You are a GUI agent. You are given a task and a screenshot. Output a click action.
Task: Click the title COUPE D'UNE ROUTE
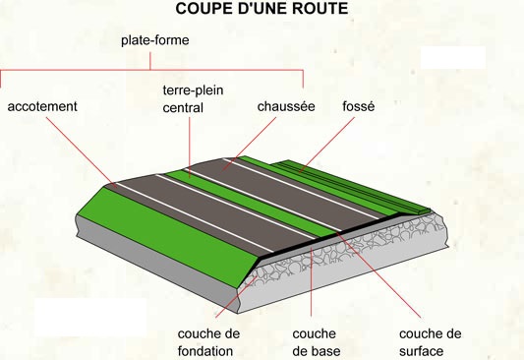click(x=262, y=10)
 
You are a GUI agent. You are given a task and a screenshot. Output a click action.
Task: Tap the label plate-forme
click(x=154, y=41)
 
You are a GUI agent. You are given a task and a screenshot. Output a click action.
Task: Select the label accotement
click(x=42, y=106)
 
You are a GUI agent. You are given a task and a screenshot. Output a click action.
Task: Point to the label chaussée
click(x=286, y=106)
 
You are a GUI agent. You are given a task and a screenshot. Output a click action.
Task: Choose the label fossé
click(x=358, y=106)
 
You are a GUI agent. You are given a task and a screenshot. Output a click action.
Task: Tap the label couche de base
click(x=315, y=341)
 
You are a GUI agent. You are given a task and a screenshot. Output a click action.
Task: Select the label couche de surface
click(x=430, y=341)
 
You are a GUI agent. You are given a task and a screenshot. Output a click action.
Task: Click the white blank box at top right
click(x=453, y=57)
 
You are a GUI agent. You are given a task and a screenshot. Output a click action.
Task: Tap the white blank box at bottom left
click(x=89, y=317)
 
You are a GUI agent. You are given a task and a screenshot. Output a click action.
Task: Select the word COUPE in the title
click(x=204, y=10)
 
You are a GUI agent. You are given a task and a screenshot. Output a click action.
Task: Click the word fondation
click(x=205, y=351)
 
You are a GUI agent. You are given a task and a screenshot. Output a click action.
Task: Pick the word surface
click(x=423, y=351)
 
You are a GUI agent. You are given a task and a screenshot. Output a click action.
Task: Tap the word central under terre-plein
click(x=183, y=107)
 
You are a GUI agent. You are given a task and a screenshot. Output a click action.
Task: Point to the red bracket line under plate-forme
click(x=152, y=69)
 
